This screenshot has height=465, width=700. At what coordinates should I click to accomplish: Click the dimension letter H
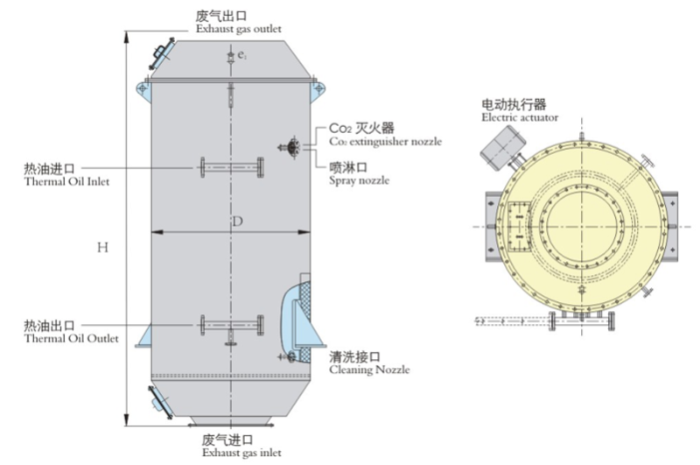(x=102, y=248)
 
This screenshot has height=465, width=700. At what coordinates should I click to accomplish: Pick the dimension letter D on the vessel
(x=236, y=222)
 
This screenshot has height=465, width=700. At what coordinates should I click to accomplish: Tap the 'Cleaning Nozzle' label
(x=369, y=370)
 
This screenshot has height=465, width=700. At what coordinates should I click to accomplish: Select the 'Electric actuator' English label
(x=520, y=117)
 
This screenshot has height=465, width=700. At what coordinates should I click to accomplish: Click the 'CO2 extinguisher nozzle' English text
(x=385, y=141)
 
